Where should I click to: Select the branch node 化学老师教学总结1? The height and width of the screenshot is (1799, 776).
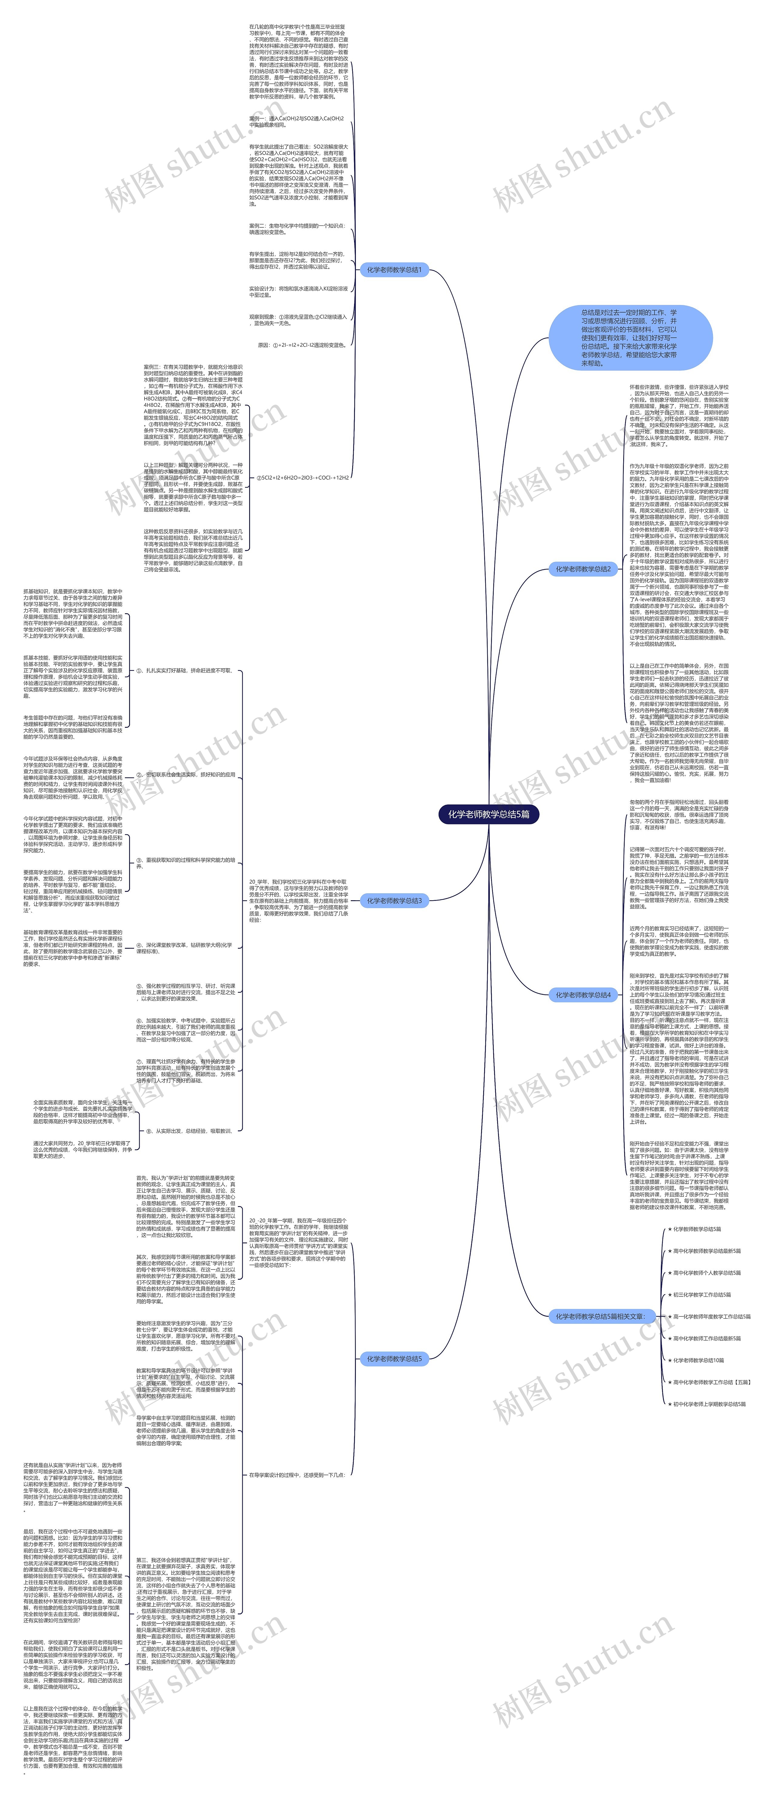(394, 269)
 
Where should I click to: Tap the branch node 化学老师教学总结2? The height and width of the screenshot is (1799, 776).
(583, 569)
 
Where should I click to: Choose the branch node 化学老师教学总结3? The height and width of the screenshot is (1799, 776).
(394, 901)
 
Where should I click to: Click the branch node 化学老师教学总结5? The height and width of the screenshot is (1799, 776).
(394, 1358)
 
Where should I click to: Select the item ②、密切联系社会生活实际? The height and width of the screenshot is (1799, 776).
(186, 774)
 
